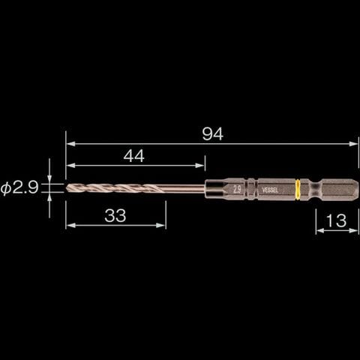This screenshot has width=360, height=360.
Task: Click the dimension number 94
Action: pyautogui.click(x=212, y=134)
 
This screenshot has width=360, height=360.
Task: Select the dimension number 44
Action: pyautogui.click(x=134, y=156)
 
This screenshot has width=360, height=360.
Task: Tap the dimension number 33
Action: pyautogui.click(x=115, y=215)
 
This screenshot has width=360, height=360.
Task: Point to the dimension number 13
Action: pyautogui.click(x=337, y=220)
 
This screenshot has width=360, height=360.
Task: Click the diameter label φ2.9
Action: pyautogui.click(x=19, y=188)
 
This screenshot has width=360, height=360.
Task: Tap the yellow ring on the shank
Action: pyautogui.click(x=298, y=190)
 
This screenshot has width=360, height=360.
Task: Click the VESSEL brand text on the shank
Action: pyautogui.click(x=270, y=190)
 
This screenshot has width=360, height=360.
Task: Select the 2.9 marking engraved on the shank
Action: pyautogui.click(x=237, y=190)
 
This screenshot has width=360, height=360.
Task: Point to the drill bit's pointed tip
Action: pyautogui.click(x=67, y=187)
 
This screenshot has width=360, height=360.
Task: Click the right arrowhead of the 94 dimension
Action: pyautogui.click(x=354, y=144)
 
